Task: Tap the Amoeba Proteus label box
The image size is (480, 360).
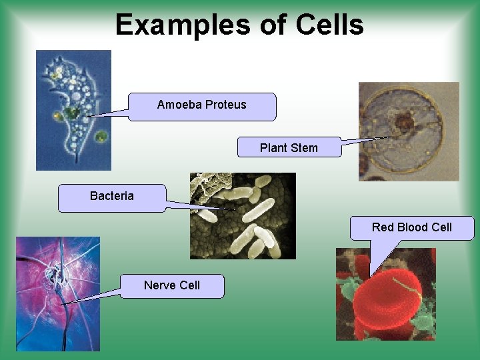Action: [x=202, y=106]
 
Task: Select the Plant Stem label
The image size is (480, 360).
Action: [x=289, y=147]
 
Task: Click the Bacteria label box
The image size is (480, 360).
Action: [x=112, y=197]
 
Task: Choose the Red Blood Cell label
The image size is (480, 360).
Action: [x=412, y=227]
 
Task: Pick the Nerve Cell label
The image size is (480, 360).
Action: [x=172, y=286]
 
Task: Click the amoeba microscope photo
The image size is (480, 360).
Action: [x=73, y=110]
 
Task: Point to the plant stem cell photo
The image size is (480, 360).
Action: [x=409, y=131]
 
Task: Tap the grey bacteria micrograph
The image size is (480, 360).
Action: [x=243, y=216]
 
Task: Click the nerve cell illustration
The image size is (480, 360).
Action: [x=57, y=293]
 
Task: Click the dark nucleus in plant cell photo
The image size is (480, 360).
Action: [x=404, y=123]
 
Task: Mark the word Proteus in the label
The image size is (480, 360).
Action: [x=226, y=105]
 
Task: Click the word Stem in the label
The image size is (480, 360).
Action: [x=305, y=147]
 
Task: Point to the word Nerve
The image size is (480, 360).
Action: [x=158, y=285]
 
